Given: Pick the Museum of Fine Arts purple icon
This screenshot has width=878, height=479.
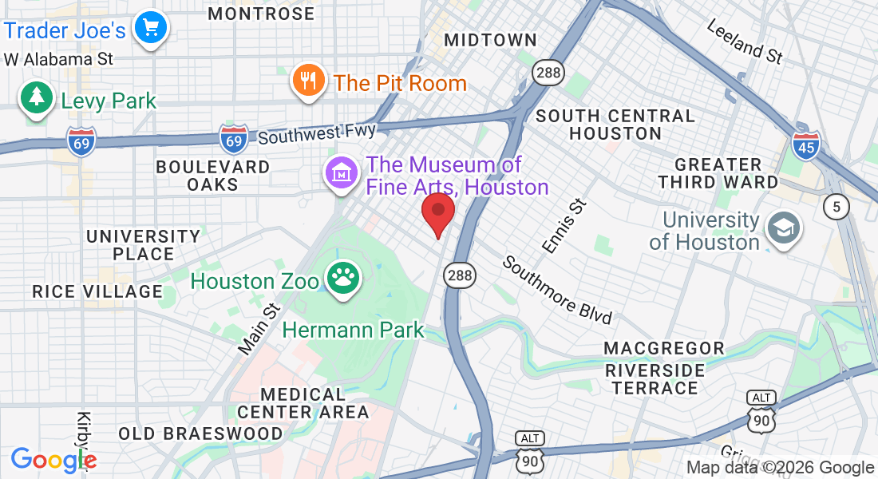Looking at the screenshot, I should click(x=341, y=172).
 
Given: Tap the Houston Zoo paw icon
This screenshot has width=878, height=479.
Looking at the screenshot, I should click(x=344, y=279).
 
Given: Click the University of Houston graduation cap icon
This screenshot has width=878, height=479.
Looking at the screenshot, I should click(x=782, y=228).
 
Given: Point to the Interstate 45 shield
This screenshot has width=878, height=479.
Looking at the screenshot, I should click(x=805, y=144).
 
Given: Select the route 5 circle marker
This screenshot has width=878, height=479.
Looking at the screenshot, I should click(x=836, y=208).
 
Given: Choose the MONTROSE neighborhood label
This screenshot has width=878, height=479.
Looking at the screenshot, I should click(x=261, y=14).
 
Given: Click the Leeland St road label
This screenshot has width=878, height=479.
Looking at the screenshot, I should click(x=745, y=42).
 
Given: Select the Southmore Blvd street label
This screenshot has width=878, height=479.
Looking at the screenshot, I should click(x=556, y=290).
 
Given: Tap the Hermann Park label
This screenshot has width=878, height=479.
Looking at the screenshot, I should click(x=354, y=329).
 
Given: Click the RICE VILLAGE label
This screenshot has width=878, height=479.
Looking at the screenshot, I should click(x=97, y=291).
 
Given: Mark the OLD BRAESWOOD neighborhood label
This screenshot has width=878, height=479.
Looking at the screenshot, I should click(x=200, y=434).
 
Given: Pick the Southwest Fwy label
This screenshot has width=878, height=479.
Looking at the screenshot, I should click(x=317, y=133).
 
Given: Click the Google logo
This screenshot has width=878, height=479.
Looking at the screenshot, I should click(x=53, y=460).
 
